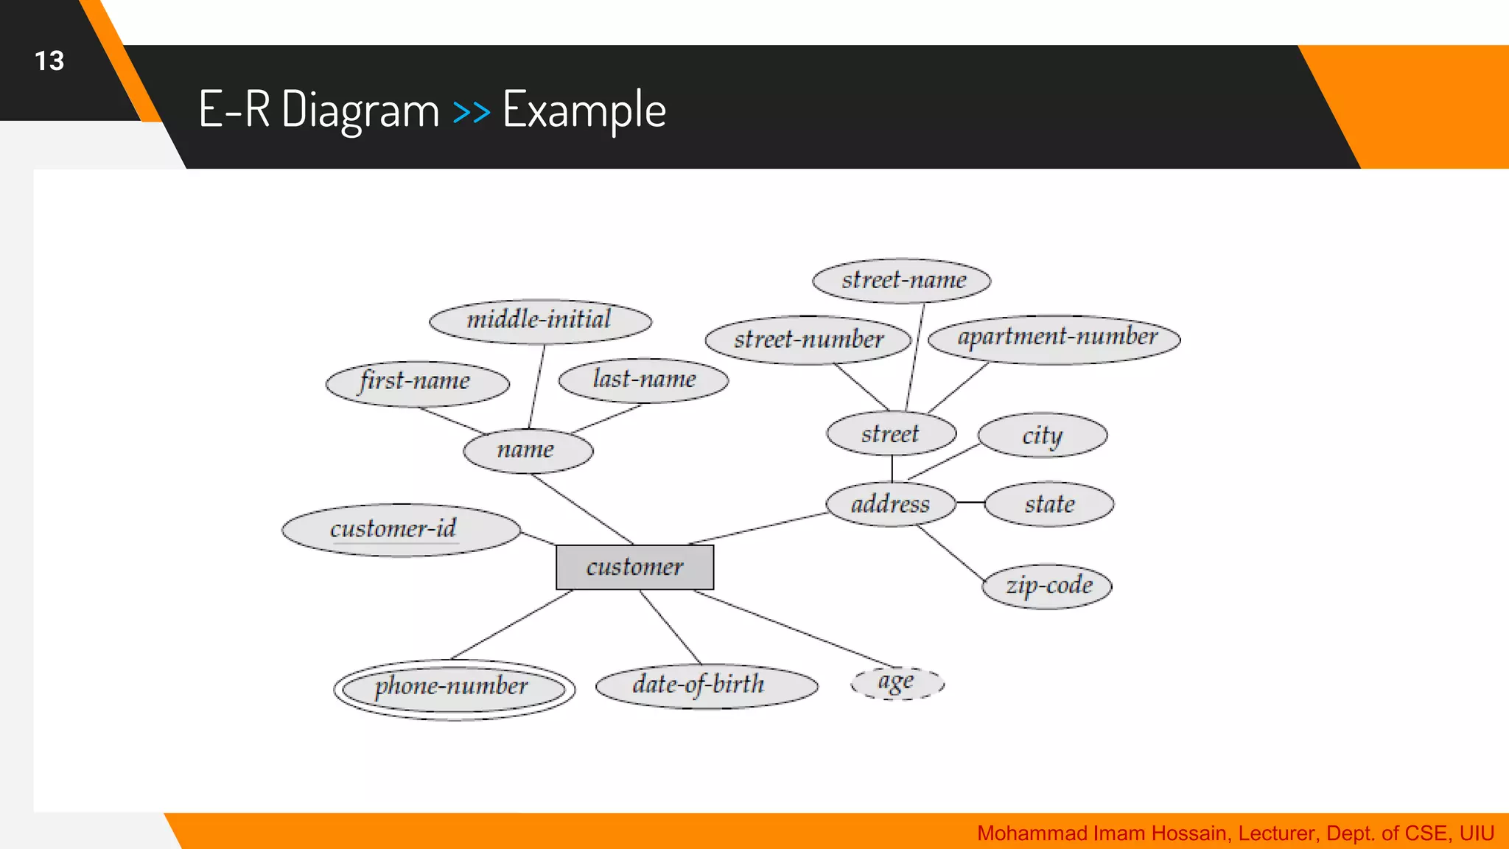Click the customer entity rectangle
click(634, 567)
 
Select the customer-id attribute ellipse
click(401, 530)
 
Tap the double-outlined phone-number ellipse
click(454, 688)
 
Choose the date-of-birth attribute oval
click(706, 685)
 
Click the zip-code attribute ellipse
click(1047, 587)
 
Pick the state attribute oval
click(1049, 504)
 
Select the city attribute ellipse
click(1042, 435)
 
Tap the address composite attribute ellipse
click(890, 504)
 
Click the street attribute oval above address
click(891, 433)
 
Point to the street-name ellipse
click(902, 280)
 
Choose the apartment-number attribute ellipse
click(1054, 338)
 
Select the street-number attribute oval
click(808, 340)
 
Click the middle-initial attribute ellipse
click(540, 321)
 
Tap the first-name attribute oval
click(417, 382)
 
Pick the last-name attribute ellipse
click(643, 380)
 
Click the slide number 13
click(49, 60)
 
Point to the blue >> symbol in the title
click(472, 111)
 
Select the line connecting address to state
click(970, 503)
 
